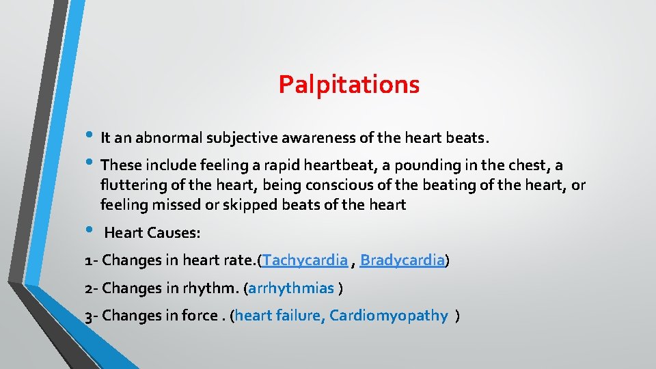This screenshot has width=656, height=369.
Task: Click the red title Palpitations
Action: [x=348, y=85]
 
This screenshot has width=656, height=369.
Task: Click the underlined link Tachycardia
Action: [x=305, y=260]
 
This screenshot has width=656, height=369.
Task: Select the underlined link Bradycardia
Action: [x=402, y=260]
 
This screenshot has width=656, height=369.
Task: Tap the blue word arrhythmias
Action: [x=291, y=288]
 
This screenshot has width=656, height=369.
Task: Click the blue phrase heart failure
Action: [x=279, y=316]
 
